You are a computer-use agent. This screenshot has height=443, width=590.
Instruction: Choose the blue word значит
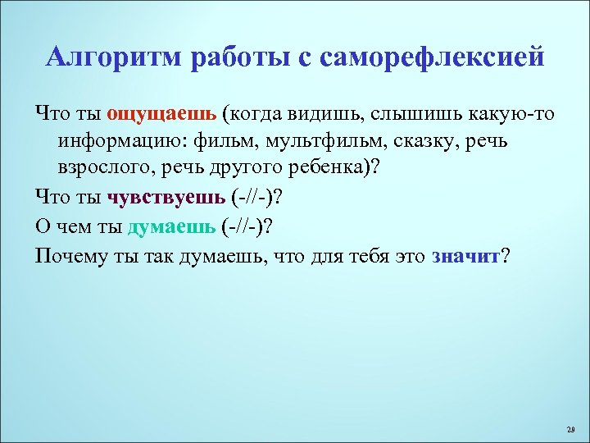coord(465,256)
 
